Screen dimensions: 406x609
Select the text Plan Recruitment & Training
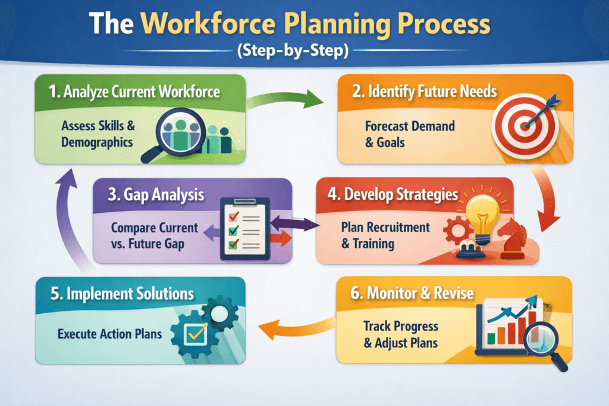[385, 235]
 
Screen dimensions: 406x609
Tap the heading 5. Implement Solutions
[122, 294]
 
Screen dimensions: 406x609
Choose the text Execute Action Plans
[109, 333]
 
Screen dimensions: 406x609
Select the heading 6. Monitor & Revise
[420, 293]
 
